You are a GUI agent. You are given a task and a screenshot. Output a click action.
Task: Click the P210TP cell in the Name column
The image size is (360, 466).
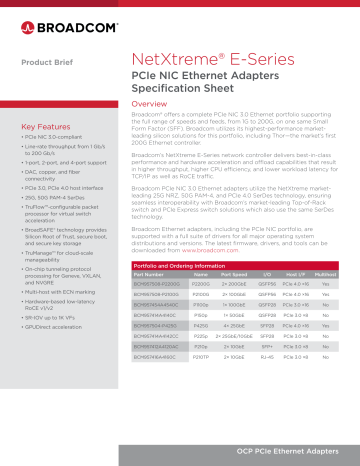point(201,356)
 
